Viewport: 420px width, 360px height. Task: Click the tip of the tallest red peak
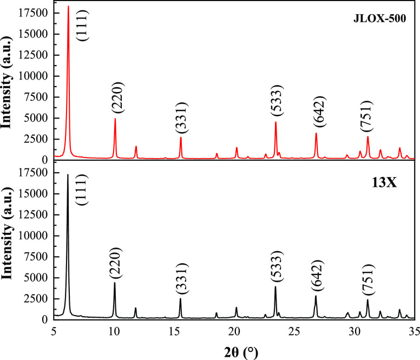click(x=68, y=6)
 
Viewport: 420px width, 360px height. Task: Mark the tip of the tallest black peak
click(x=68, y=174)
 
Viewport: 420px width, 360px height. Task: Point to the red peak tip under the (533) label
click(x=276, y=122)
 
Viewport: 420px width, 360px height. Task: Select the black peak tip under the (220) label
click(x=115, y=282)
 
